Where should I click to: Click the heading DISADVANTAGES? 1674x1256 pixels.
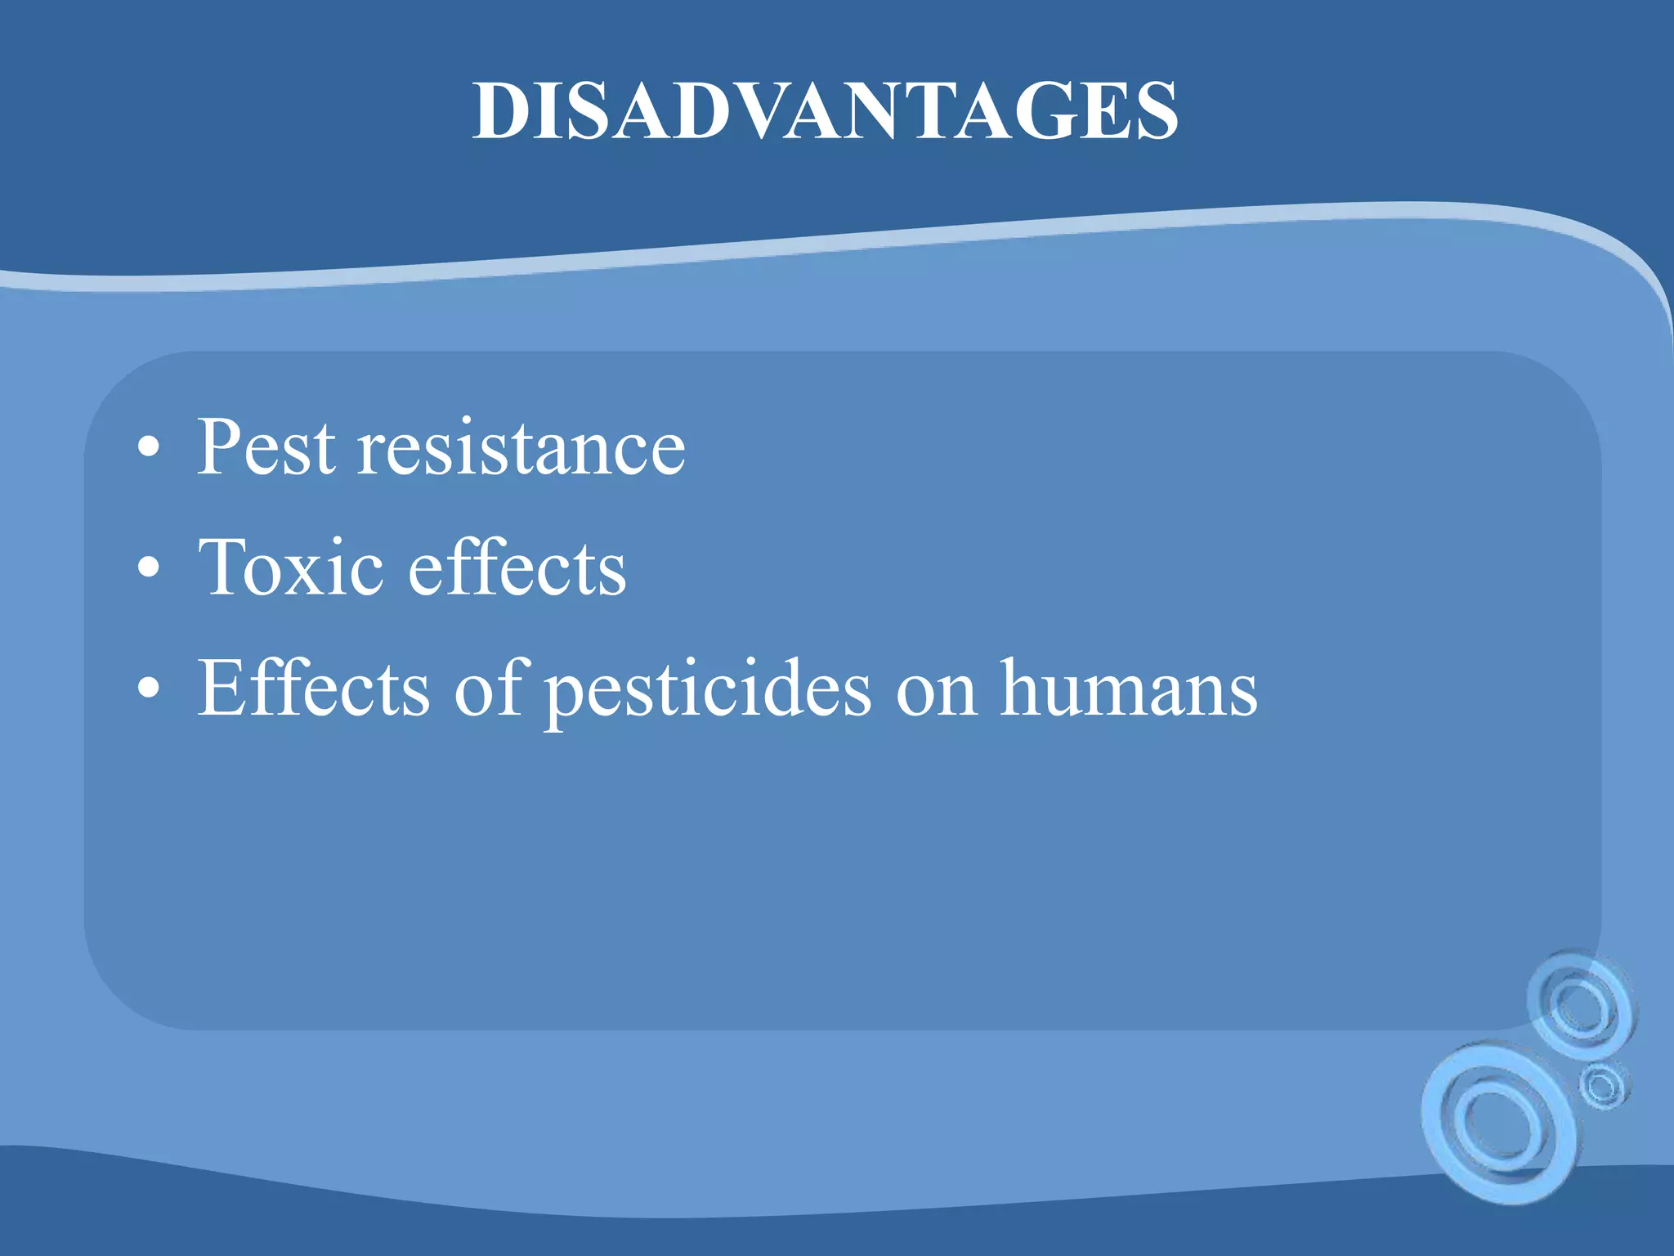[826, 112]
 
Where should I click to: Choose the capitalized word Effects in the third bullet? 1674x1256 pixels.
[314, 688]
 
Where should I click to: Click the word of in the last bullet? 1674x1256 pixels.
[489, 688]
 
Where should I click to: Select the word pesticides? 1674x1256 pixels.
[708, 691]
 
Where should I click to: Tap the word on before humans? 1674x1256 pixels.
[937, 691]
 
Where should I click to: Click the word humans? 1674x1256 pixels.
[1129, 688]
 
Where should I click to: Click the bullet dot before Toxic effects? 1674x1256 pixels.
[148, 567]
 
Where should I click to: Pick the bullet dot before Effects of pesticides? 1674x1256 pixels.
[148, 689]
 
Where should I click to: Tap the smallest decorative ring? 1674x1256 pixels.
[1603, 1086]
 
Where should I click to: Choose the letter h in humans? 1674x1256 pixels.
[1023, 688]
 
